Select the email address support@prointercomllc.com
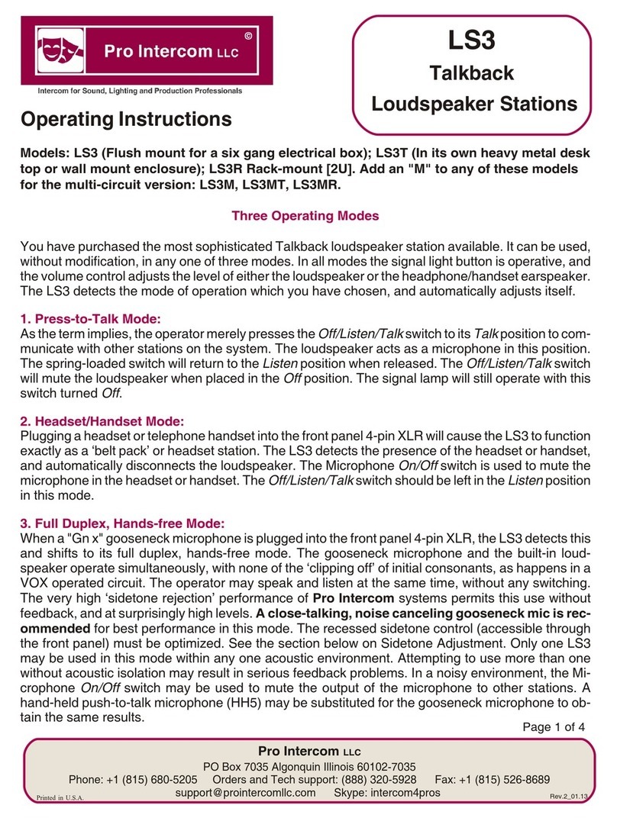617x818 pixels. pos(245,793)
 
